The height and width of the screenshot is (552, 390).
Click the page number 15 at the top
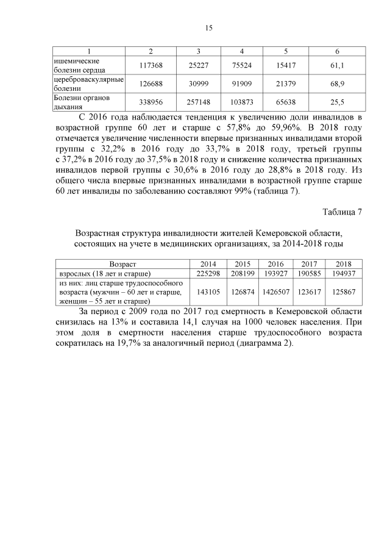(208, 27)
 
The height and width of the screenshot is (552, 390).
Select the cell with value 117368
(151, 65)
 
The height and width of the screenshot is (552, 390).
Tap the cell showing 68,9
(337, 83)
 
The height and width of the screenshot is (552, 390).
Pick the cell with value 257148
(199, 101)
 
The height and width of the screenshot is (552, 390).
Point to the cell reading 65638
(286, 101)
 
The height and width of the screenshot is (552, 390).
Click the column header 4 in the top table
(242, 51)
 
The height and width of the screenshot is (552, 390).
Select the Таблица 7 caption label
(342, 212)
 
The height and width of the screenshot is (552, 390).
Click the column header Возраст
(122, 264)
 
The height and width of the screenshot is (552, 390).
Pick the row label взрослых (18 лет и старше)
(104, 273)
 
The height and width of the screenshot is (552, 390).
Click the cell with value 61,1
(337, 65)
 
